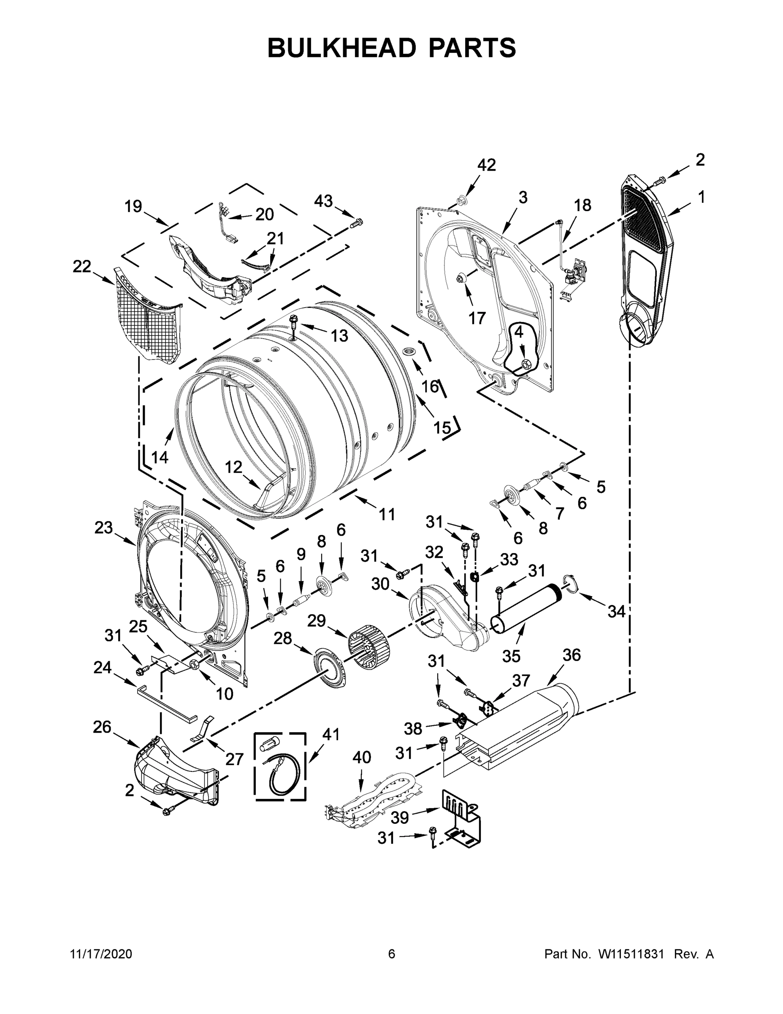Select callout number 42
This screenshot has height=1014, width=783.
[486, 165]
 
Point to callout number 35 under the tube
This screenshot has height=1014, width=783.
[511, 656]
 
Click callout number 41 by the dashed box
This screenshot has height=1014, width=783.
[331, 734]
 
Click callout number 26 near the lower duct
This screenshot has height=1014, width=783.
[102, 727]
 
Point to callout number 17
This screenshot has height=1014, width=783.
[477, 318]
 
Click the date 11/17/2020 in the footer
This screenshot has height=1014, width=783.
[101, 954]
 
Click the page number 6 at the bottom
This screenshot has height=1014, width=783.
[392, 954]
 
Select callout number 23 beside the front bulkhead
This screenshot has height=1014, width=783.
[103, 527]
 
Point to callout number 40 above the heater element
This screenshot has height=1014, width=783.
[361, 757]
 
